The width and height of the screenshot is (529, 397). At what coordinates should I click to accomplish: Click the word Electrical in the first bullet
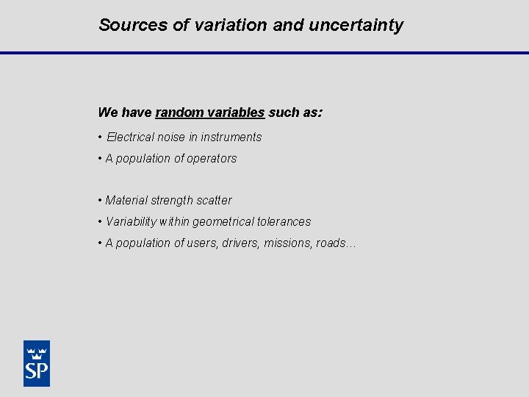point(130,137)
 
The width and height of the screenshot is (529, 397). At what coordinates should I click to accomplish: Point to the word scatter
point(215,200)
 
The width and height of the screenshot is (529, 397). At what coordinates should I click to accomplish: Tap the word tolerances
point(284,221)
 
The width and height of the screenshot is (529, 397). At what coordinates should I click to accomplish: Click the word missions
point(288,243)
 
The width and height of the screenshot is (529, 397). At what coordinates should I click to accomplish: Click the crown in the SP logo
point(37,350)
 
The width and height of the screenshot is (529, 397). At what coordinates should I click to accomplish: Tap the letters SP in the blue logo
point(37,370)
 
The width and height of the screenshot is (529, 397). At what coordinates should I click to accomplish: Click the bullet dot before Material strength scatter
point(99,201)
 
